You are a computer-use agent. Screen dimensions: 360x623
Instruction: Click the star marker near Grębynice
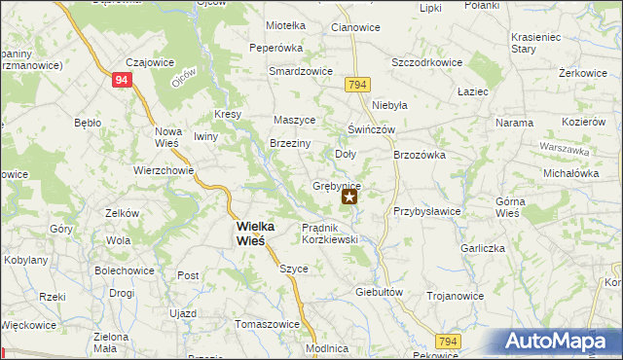pyautogui.click(x=349, y=197)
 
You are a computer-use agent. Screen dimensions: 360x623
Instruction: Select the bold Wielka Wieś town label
pyautogui.click(x=255, y=234)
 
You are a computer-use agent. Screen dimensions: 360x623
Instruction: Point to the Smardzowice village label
pyautogui.click(x=302, y=71)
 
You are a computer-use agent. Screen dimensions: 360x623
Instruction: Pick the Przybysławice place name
pyautogui.click(x=425, y=210)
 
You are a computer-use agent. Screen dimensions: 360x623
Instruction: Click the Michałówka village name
pyautogui.click(x=570, y=172)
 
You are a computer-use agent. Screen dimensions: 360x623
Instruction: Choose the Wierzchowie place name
pyautogui.click(x=164, y=168)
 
